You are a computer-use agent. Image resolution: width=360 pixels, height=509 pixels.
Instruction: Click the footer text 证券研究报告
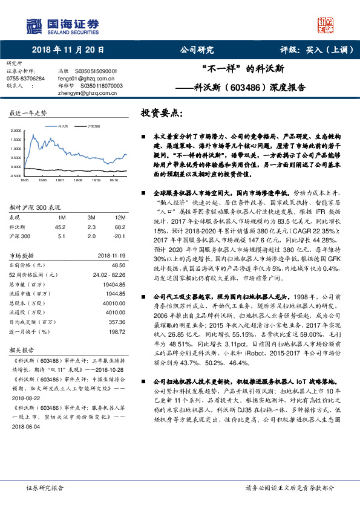(x=45, y=488)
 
